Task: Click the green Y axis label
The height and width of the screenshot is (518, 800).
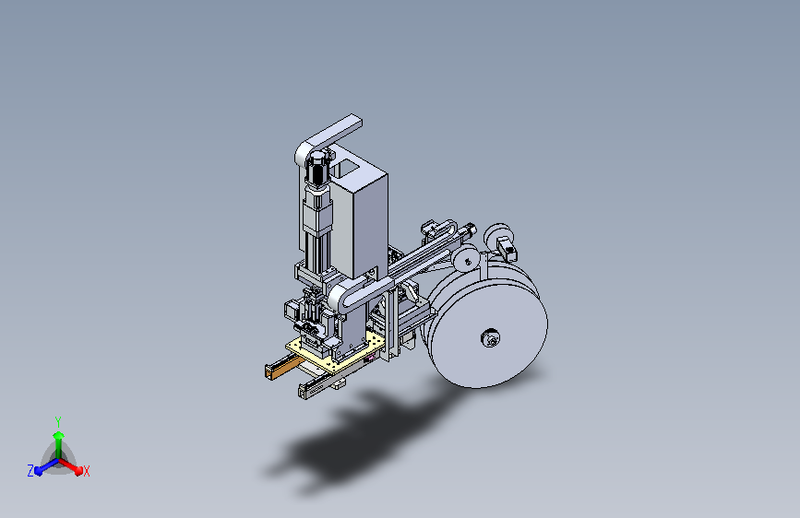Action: tap(57, 421)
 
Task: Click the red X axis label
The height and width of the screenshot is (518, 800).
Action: tap(86, 472)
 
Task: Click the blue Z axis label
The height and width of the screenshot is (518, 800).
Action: tap(30, 471)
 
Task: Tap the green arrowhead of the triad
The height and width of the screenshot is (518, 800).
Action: tap(58, 435)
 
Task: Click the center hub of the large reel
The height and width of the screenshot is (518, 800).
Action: tap(490, 337)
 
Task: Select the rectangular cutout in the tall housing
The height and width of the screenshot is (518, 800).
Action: tap(346, 167)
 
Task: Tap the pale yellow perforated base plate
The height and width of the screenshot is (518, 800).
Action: tap(334, 353)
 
